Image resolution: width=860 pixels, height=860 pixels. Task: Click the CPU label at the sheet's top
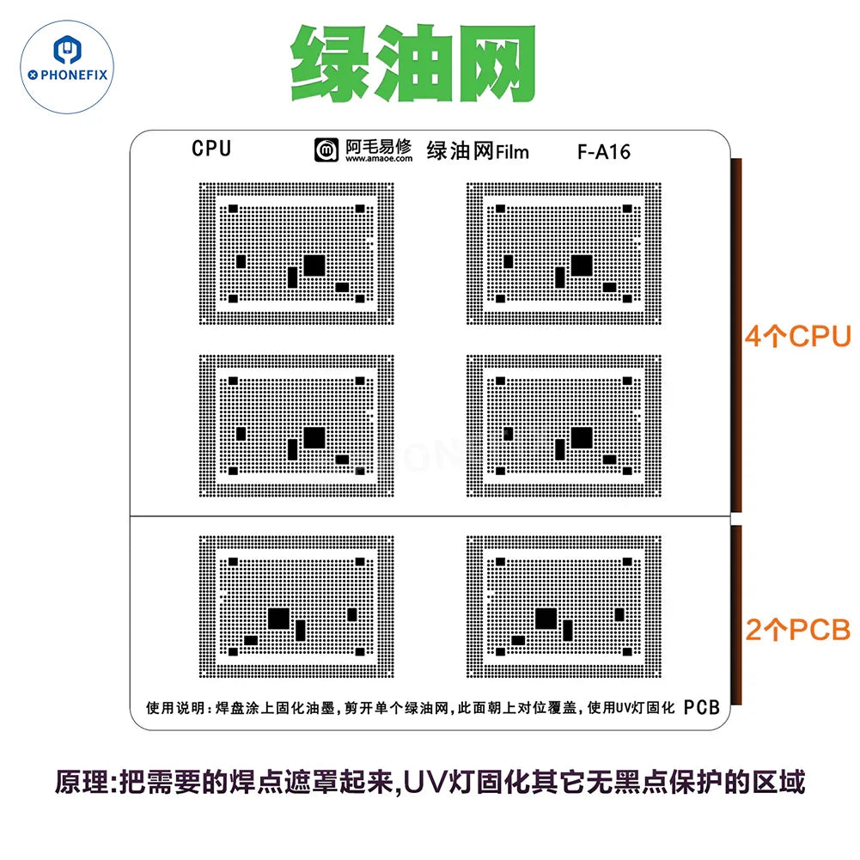[x=211, y=149]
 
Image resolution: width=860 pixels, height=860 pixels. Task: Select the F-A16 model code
[x=604, y=152]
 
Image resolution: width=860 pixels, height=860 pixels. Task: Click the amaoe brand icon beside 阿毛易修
[x=326, y=150]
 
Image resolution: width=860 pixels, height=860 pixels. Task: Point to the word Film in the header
[x=513, y=153]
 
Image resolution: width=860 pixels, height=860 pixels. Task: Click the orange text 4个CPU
[x=797, y=336]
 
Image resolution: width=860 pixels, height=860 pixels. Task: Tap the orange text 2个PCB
[x=797, y=631]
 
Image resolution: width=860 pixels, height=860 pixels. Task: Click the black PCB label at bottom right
[x=701, y=708]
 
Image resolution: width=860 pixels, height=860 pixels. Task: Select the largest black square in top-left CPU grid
[x=314, y=265]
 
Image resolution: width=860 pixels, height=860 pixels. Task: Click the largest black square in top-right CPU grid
[x=582, y=265]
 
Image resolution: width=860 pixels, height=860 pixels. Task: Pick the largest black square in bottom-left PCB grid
[x=278, y=619]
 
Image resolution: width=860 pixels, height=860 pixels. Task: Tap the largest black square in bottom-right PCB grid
[x=546, y=619]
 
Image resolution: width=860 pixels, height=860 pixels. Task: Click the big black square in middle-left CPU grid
[x=314, y=437]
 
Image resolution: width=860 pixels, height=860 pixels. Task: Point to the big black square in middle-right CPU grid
[x=582, y=437]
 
